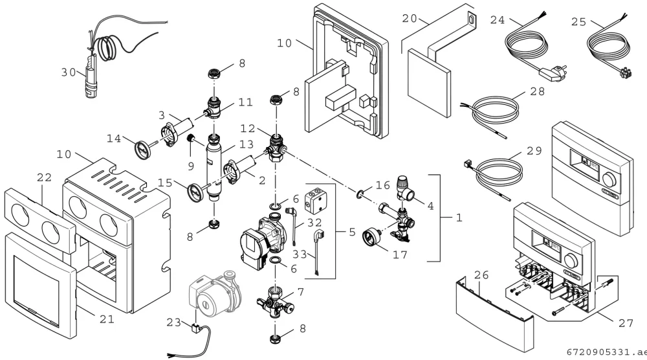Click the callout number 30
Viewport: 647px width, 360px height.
pos(69,73)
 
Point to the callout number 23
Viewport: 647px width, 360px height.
pos(173,322)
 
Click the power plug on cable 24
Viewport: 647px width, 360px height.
pos(553,72)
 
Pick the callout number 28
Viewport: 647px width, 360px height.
pos(537,91)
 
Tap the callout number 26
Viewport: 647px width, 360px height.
pos(481,275)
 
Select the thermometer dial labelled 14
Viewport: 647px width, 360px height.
pos(142,149)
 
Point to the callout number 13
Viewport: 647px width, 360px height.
pos(247,145)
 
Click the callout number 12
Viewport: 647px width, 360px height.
pos(248,128)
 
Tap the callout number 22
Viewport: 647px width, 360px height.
pos(44,177)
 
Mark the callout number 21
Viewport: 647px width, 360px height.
pos(107,319)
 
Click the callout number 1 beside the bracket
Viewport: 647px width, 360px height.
pos(459,218)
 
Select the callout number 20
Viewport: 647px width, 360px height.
pos(410,19)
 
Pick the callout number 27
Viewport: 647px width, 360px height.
pos(626,323)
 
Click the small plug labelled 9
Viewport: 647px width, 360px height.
pos(191,139)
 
